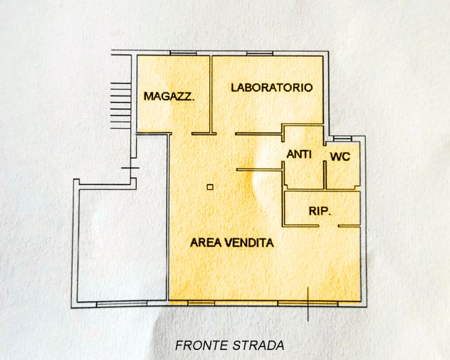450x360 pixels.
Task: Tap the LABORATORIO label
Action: point(272,88)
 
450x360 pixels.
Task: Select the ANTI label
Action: point(298,154)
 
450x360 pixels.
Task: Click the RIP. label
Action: point(320,211)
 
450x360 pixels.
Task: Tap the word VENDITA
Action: point(249,243)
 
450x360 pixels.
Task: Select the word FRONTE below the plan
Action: point(201,346)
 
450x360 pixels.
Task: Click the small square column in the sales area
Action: point(209,187)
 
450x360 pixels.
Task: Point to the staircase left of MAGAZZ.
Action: point(120,105)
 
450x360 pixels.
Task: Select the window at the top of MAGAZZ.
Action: point(182,53)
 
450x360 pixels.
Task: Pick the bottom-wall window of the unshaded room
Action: point(117,305)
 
